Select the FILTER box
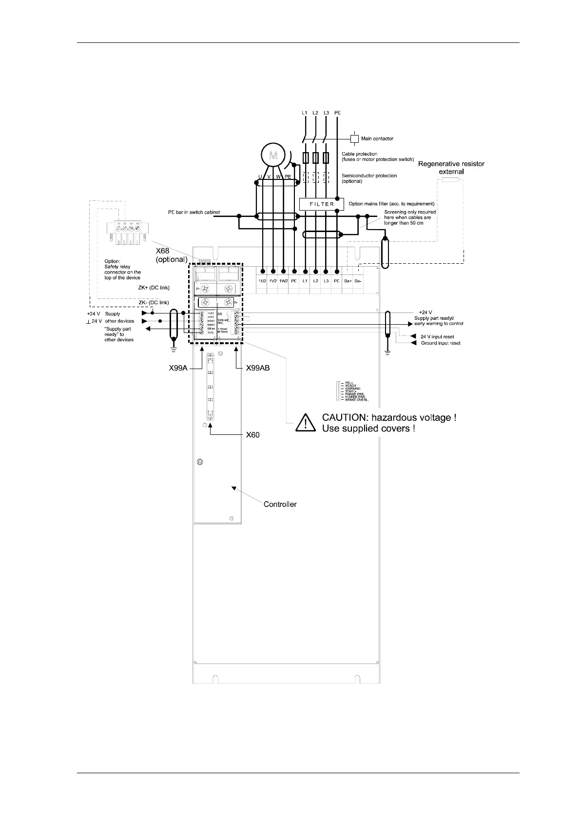click(x=322, y=204)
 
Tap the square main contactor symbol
click(x=355, y=138)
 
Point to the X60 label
click(x=252, y=435)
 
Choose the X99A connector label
click(x=174, y=369)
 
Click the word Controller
click(x=280, y=504)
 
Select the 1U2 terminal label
click(x=262, y=281)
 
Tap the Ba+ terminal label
click(x=347, y=281)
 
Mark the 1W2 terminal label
click(x=284, y=281)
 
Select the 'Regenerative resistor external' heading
click(x=451, y=168)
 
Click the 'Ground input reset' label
click(x=441, y=343)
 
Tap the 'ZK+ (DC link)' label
click(x=154, y=288)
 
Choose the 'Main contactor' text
click(x=377, y=139)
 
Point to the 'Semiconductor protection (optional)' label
click(x=369, y=178)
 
